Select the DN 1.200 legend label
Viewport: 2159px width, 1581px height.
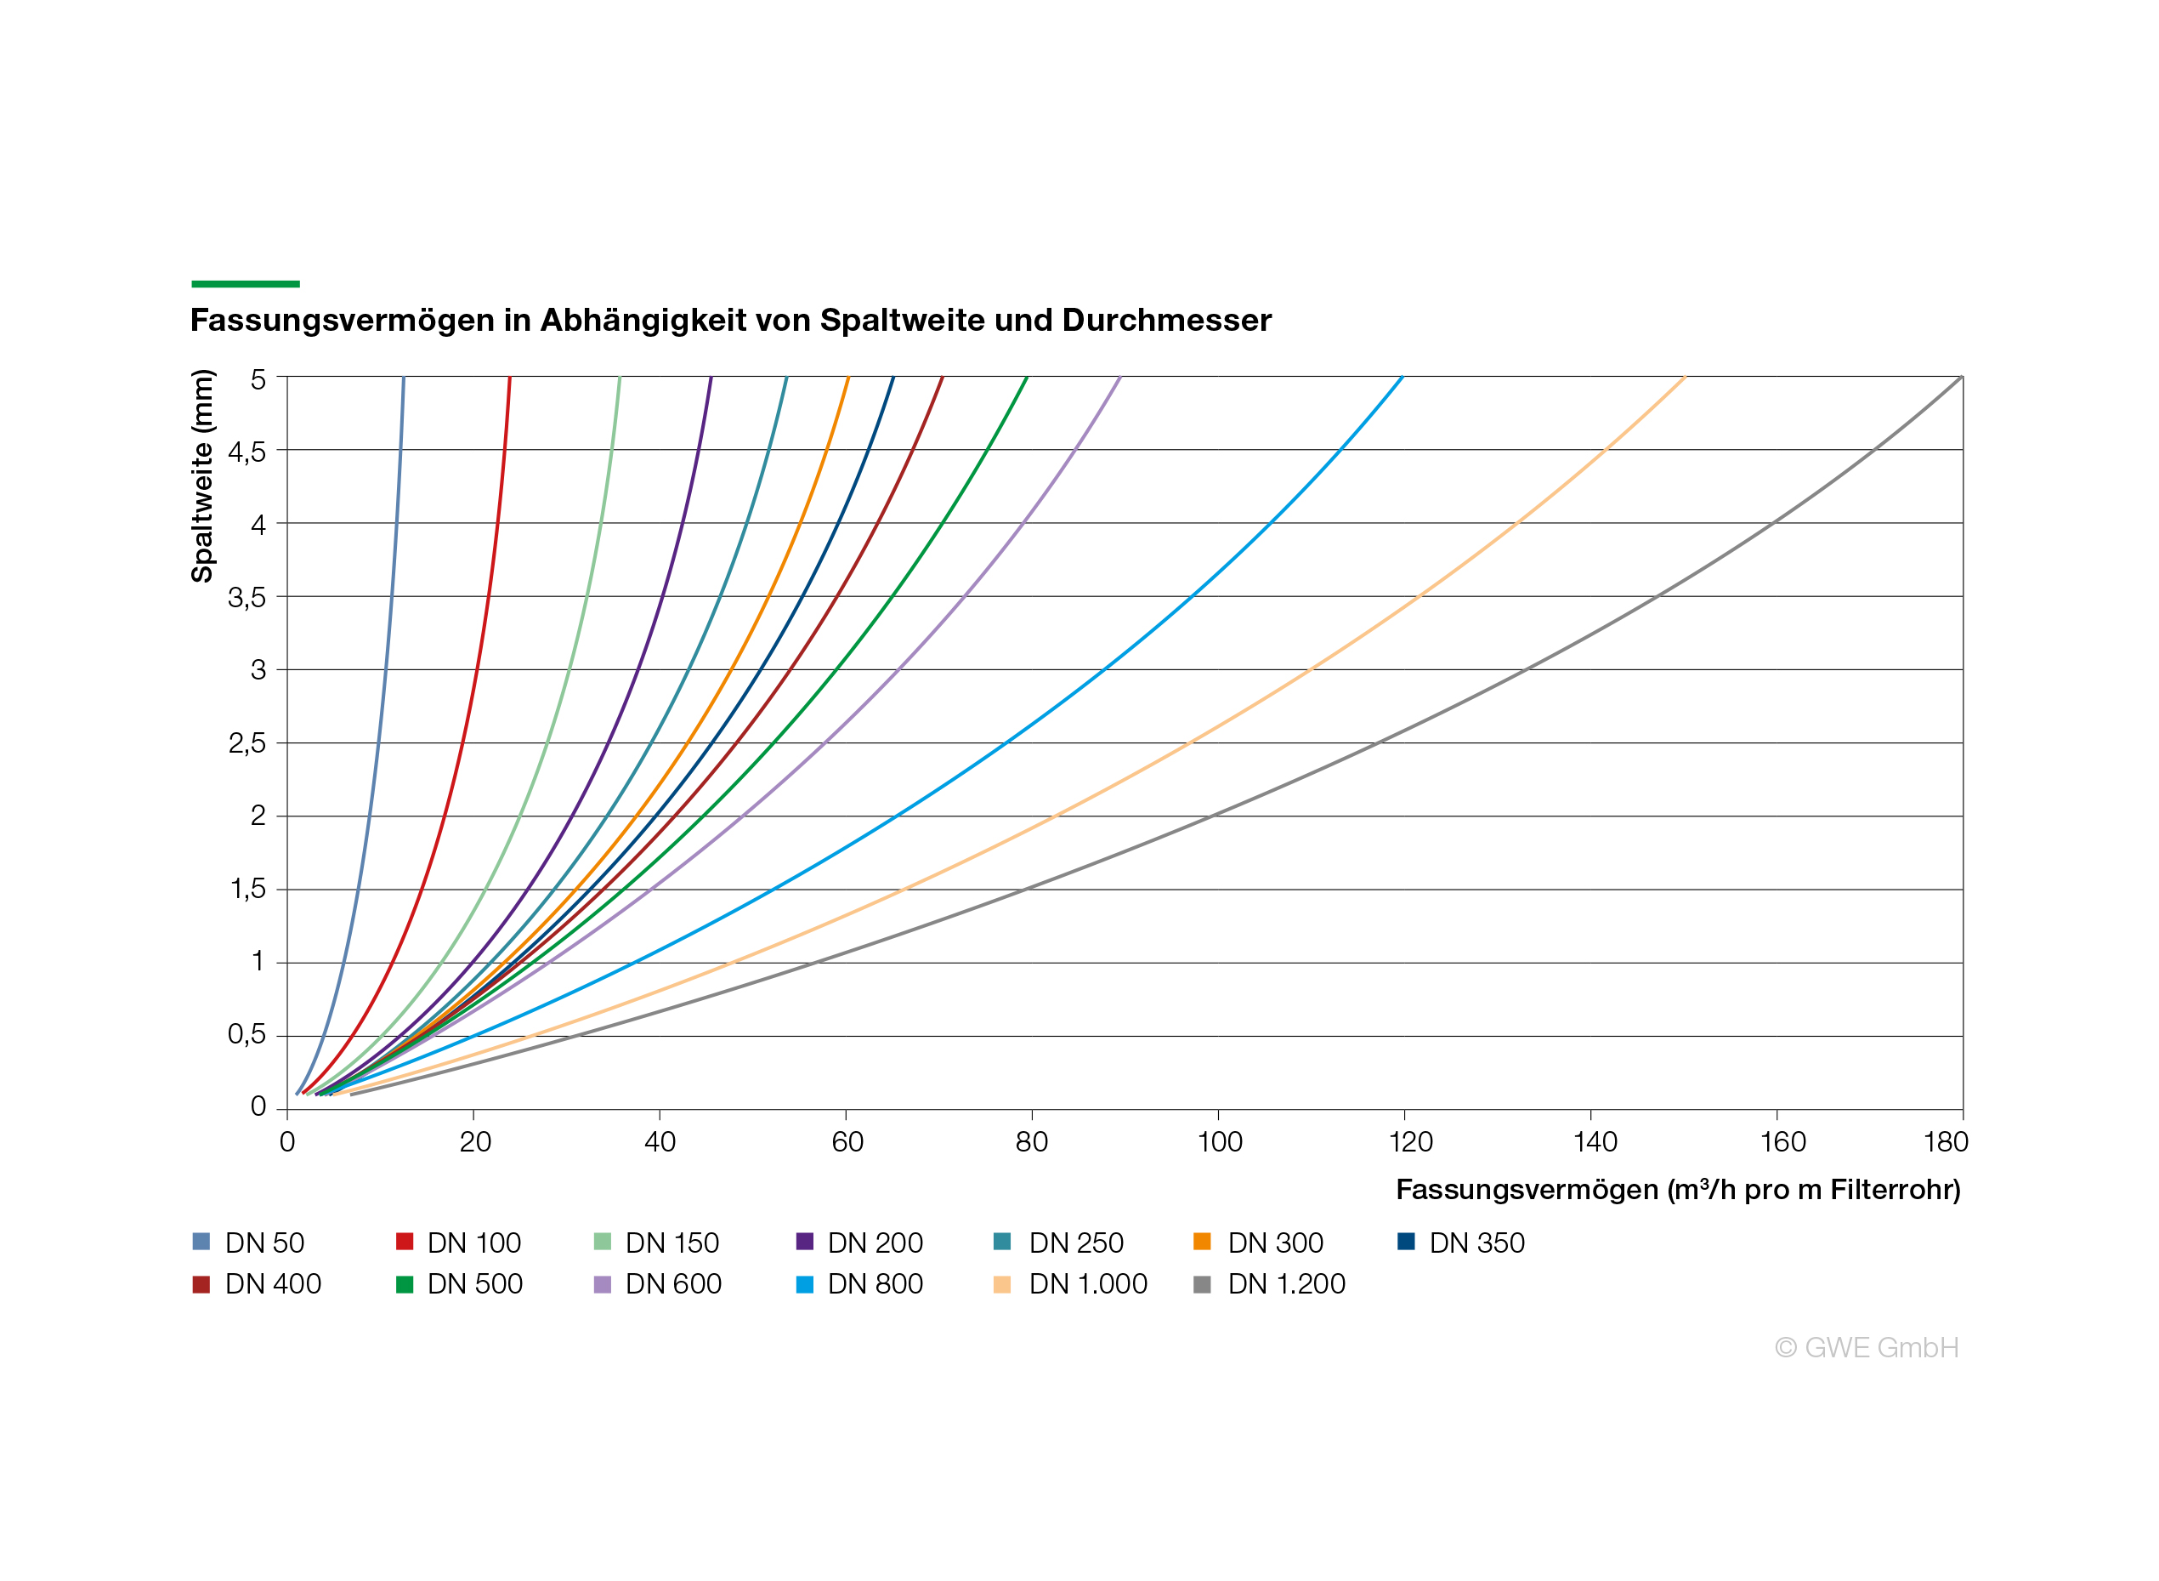click(1287, 1283)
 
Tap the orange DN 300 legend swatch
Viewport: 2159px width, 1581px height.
click(1203, 1242)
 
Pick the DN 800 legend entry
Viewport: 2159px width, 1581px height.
click(859, 1283)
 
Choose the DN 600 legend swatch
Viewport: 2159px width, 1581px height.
click(603, 1284)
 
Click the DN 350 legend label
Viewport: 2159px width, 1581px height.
click(1477, 1243)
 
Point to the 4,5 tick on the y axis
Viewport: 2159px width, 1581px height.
click(246, 452)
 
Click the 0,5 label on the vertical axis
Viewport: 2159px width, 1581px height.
click(246, 1033)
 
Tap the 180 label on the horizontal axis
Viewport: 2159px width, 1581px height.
click(1946, 1141)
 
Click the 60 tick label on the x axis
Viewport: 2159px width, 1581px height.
click(847, 1141)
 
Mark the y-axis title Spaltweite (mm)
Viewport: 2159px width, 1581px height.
click(201, 475)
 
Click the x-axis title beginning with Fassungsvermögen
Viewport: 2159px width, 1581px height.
click(1678, 1190)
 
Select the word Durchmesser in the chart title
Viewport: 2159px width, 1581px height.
click(1167, 320)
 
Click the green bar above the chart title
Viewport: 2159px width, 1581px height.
click(246, 284)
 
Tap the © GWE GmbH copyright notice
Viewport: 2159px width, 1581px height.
click(1867, 1347)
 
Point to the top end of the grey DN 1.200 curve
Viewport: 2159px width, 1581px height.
click(1962, 377)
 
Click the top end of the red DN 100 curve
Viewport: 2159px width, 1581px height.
click(510, 377)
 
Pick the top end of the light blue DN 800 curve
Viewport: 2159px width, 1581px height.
click(1402, 377)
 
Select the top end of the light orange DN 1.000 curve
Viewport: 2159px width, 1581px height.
click(1685, 377)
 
